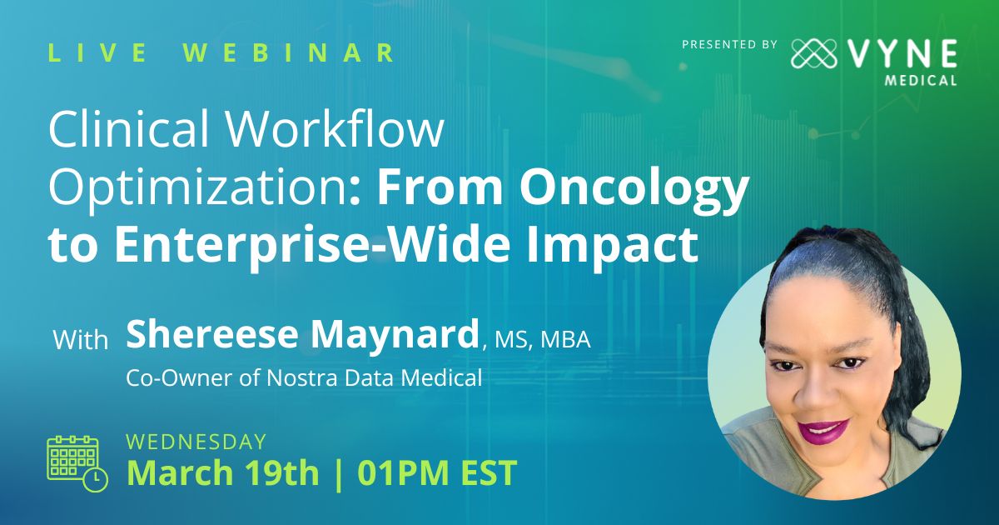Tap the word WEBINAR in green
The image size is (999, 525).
point(289,53)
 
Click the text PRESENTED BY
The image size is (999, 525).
point(729,44)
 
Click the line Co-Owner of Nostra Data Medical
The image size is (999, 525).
point(305,377)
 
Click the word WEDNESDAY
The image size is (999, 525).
point(196,442)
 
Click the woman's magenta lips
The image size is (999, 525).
point(823,431)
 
